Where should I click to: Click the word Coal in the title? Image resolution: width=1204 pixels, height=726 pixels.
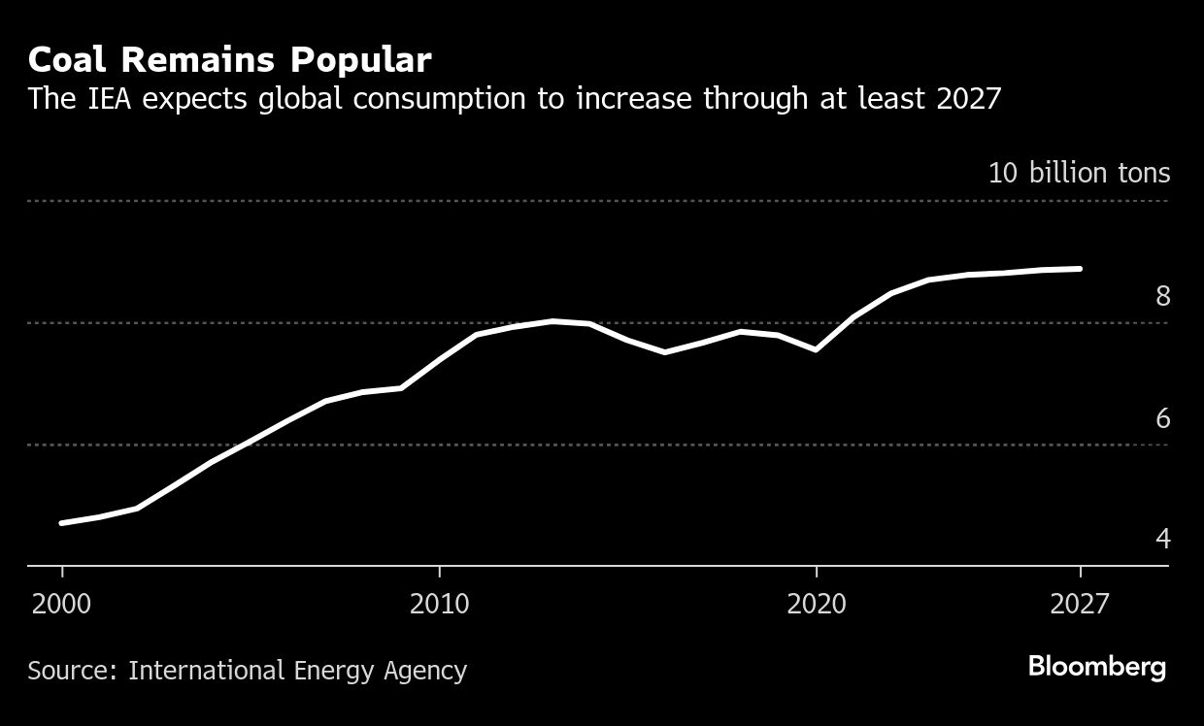click(x=65, y=60)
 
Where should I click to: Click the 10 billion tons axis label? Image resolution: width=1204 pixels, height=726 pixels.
click(x=1079, y=174)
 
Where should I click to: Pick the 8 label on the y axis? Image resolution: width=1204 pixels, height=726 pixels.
click(x=1162, y=296)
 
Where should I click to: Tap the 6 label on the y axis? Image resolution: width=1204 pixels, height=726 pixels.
click(x=1162, y=418)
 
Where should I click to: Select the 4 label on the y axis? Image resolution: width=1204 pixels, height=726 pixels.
click(x=1162, y=539)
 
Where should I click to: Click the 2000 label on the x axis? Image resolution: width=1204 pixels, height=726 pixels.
click(x=62, y=604)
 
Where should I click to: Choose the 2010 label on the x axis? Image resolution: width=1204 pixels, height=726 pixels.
click(x=440, y=604)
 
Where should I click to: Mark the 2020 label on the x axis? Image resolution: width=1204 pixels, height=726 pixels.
click(x=817, y=604)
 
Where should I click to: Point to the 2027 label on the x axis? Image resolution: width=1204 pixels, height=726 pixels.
click(x=1080, y=604)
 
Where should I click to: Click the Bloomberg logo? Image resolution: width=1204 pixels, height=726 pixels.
click(x=1096, y=668)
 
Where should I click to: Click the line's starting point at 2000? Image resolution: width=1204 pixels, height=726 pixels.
click(x=62, y=523)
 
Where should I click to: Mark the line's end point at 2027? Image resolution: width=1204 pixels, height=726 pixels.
click(x=1080, y=269)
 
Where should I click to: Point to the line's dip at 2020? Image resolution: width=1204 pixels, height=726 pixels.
click(x=817, y=350)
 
